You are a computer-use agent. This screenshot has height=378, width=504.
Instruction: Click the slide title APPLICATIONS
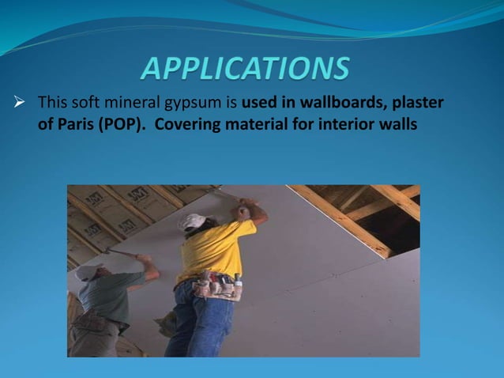coord(245,69)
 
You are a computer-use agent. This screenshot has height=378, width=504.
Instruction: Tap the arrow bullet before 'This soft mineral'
coord(21,104)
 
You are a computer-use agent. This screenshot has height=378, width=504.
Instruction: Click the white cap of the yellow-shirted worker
coord(191,222)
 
